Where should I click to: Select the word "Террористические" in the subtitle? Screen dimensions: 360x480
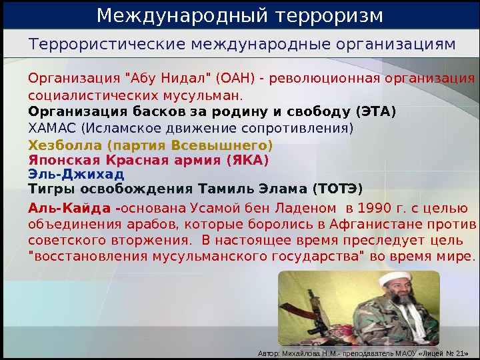pos(107,45)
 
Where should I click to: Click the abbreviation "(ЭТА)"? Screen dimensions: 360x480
pos(376,111)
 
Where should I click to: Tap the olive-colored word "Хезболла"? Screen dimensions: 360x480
pos(61,145)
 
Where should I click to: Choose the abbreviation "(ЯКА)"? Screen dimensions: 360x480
pos(247,161)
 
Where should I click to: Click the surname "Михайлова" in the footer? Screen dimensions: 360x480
pos(299,353)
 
